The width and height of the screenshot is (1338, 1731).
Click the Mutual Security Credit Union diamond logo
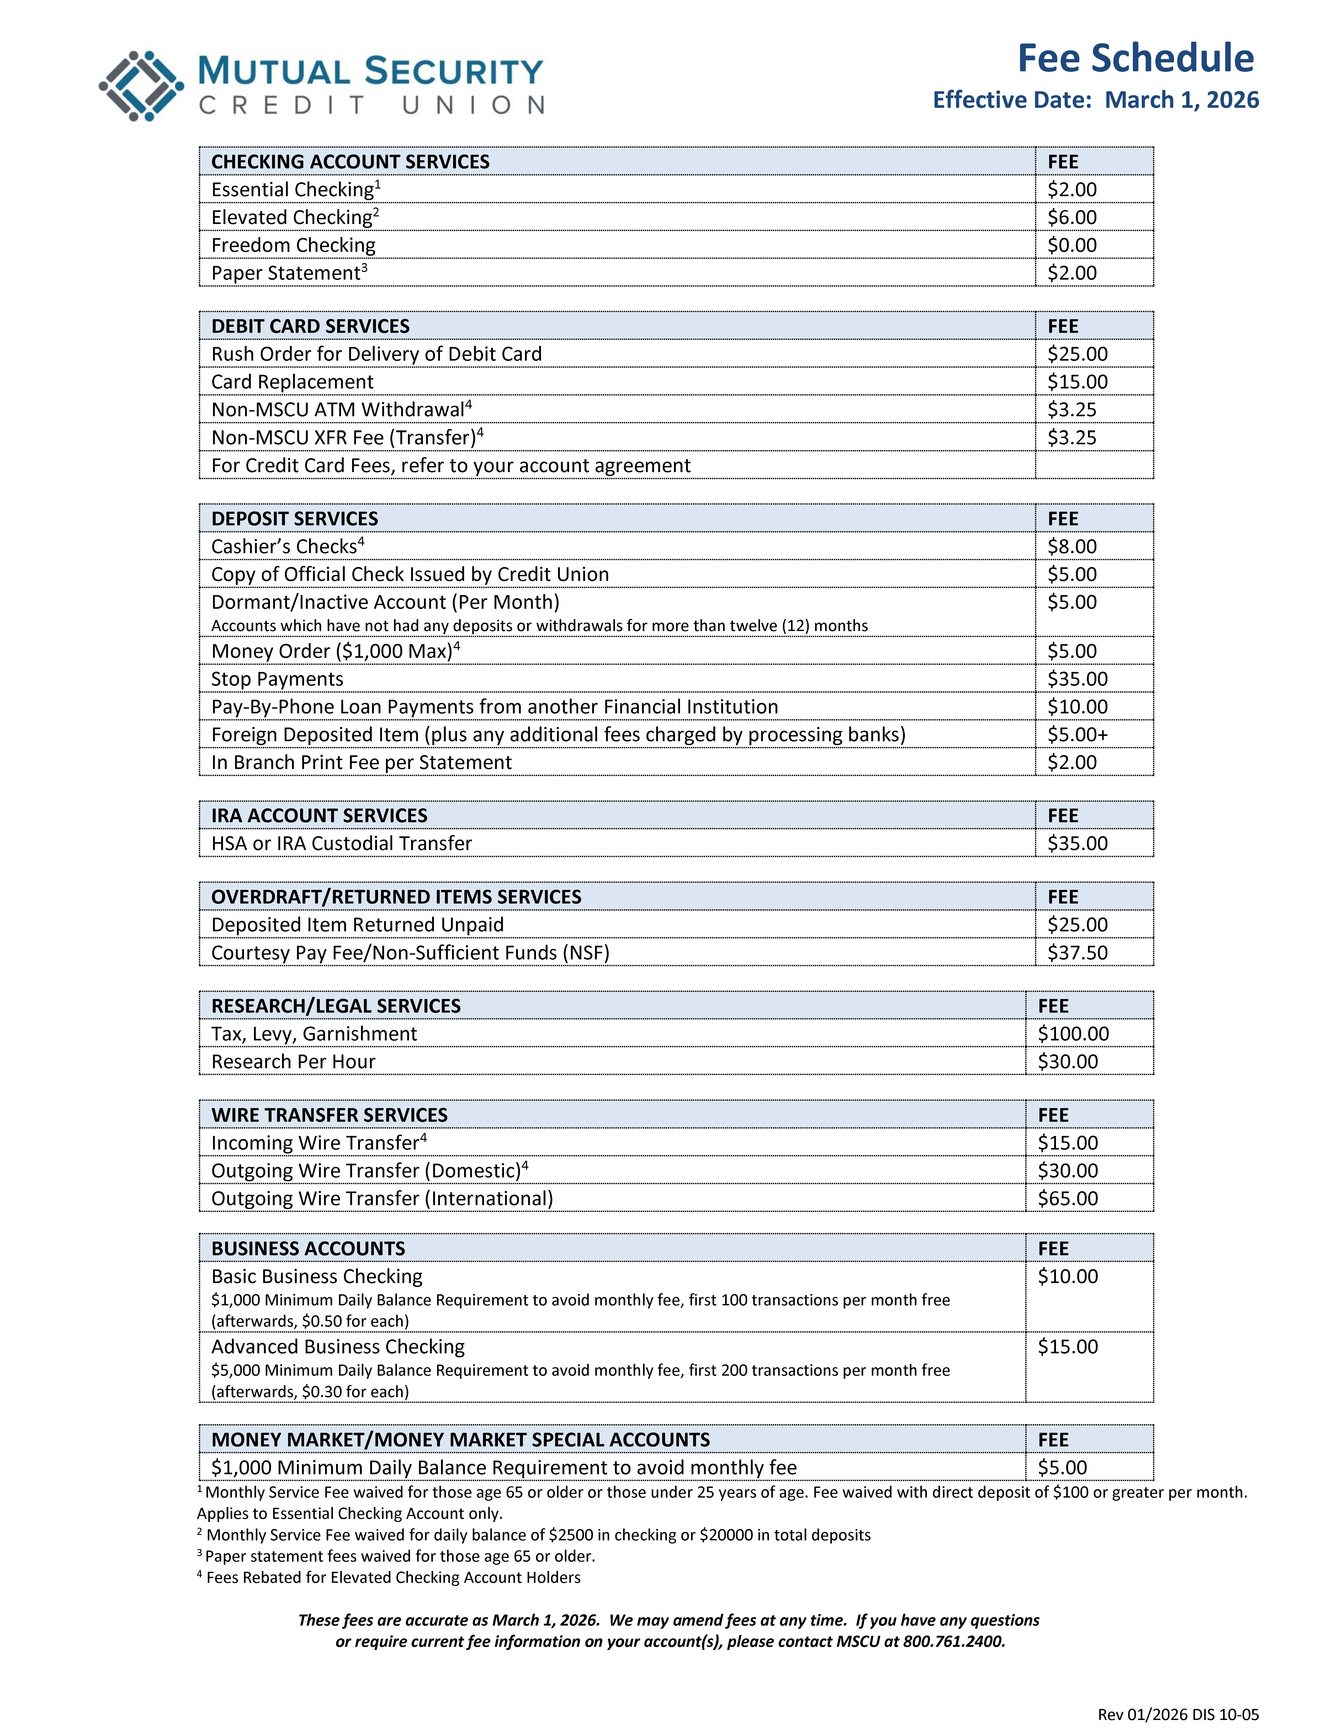(141, 86)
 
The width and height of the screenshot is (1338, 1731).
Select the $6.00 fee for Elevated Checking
(1072, 217)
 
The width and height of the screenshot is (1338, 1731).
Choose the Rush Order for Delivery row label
(376, 354)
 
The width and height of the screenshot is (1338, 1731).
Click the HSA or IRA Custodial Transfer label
(341, 843)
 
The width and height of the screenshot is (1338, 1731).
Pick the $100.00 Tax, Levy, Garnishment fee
(1073, 1034)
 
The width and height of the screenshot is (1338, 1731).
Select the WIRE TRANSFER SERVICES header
(329, 1115)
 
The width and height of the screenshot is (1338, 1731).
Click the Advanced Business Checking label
(338, 1347)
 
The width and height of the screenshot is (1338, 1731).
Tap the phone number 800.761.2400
(954, 1642)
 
